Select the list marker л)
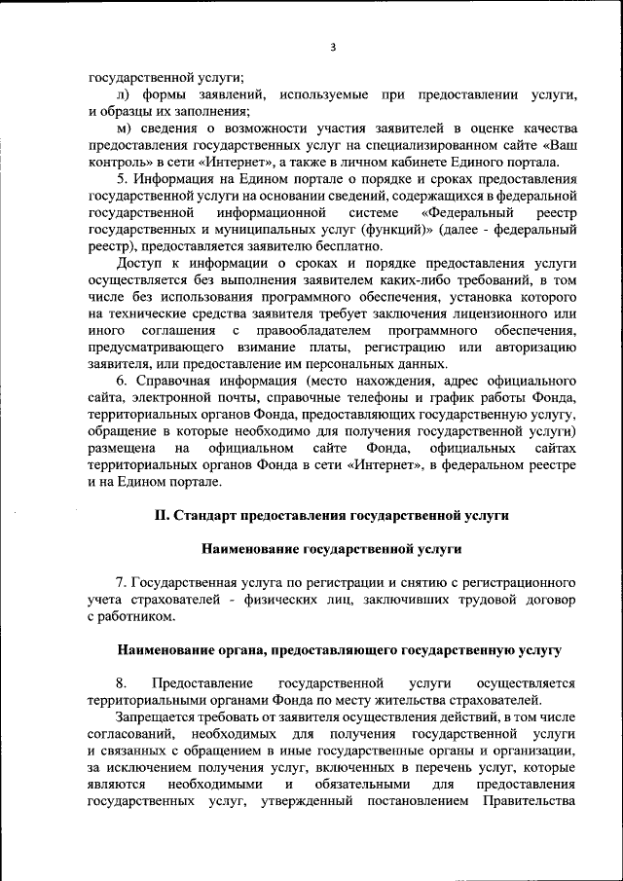pyautogui.click(x=123, y=94)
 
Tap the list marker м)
pyautogui.click(x=123, y=128)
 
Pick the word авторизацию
pyautogui.click(x=531, y=348)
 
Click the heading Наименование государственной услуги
pyautogui.click(x=331, y=549)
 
